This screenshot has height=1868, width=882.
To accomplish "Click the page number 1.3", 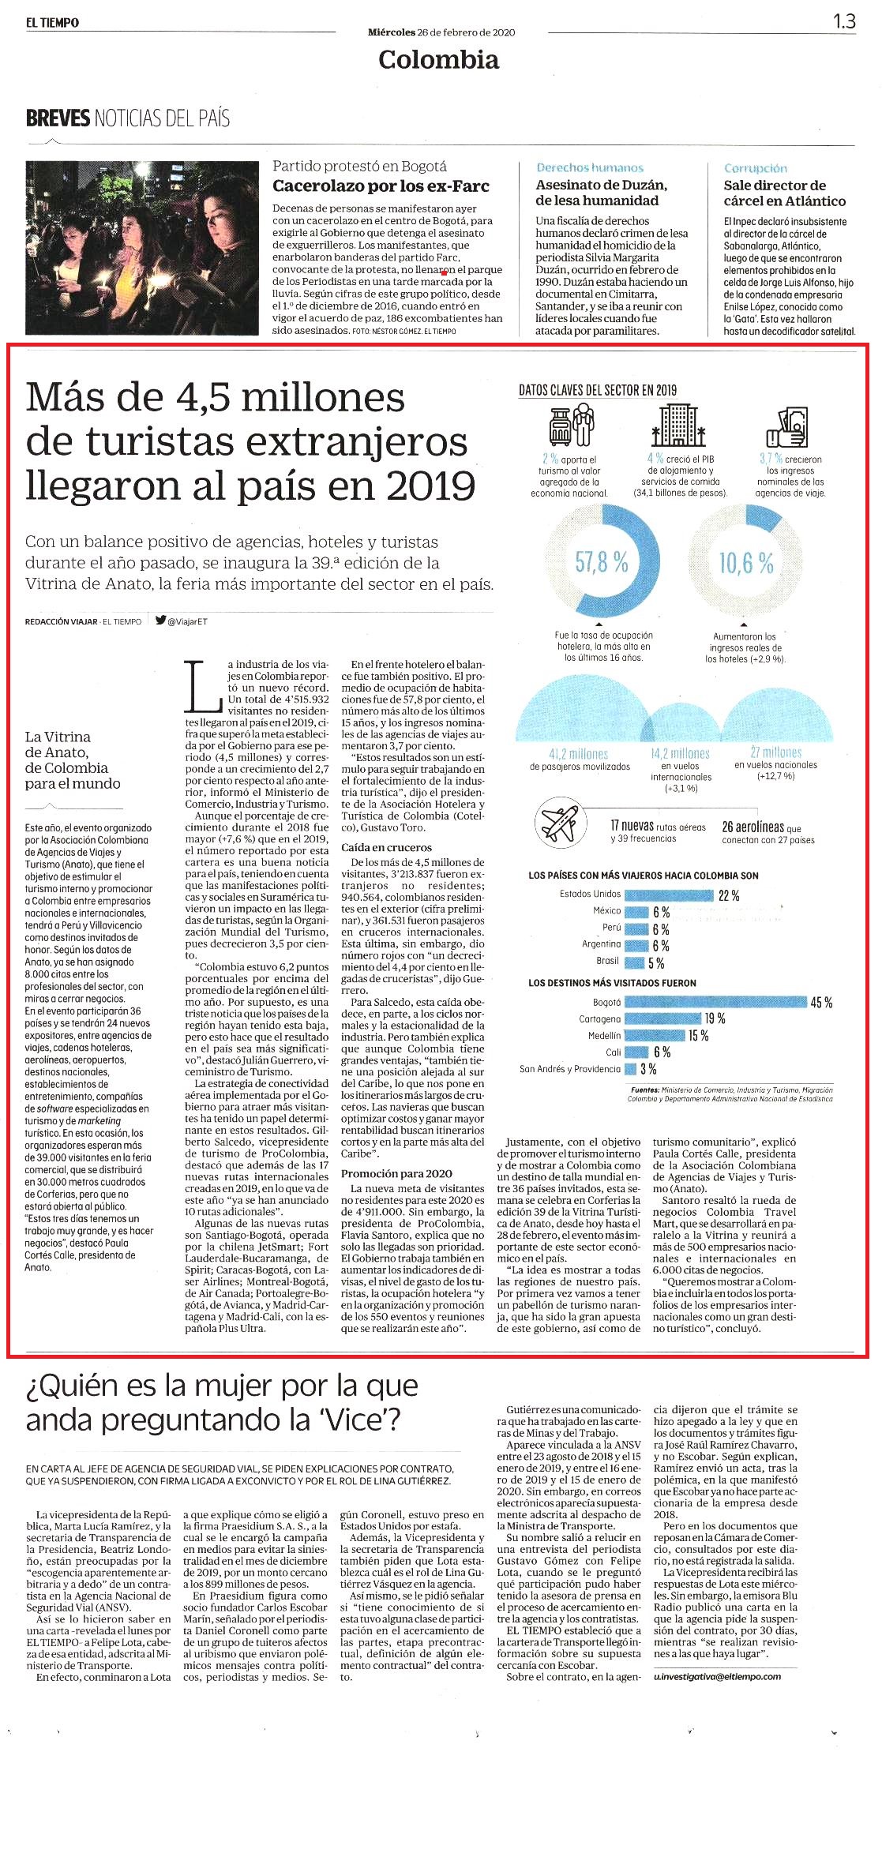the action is point(844,21).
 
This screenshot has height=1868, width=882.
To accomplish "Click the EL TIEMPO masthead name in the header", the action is point(52,23).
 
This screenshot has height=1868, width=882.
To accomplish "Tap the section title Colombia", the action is point(438,59).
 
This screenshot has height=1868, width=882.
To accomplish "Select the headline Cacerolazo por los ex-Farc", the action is point(381,186).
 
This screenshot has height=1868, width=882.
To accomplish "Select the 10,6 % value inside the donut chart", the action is point(746,562).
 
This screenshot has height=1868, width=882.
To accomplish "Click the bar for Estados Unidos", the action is point(668,895).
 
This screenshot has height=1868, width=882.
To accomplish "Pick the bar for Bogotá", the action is point(715,1002).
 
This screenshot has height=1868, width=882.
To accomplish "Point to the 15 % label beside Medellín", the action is point(698,1035).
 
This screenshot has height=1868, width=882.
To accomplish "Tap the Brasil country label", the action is point(607,961).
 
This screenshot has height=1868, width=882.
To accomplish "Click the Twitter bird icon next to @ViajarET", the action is point(160,621).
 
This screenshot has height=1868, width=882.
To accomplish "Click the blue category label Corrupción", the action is point(756,168).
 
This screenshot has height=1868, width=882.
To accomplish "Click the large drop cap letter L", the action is point(202,683).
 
